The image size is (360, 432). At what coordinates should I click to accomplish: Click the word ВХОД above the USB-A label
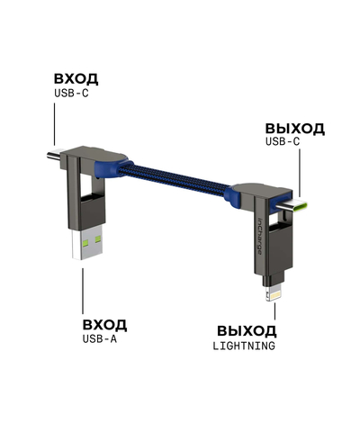point(104,324)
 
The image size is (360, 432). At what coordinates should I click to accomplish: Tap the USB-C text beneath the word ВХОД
point(70,93)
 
